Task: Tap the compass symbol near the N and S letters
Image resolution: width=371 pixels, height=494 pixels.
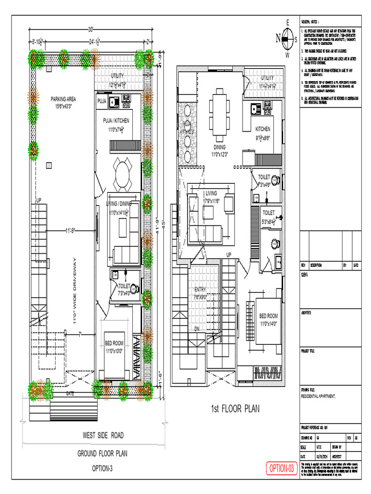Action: [x=287, y=39]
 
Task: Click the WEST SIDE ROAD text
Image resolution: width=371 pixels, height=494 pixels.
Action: [x=103, y=435]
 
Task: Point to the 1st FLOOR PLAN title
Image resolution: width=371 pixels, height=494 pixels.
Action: [x=235, y=409]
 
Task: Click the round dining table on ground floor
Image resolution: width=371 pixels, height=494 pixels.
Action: [x=122, y=175]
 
